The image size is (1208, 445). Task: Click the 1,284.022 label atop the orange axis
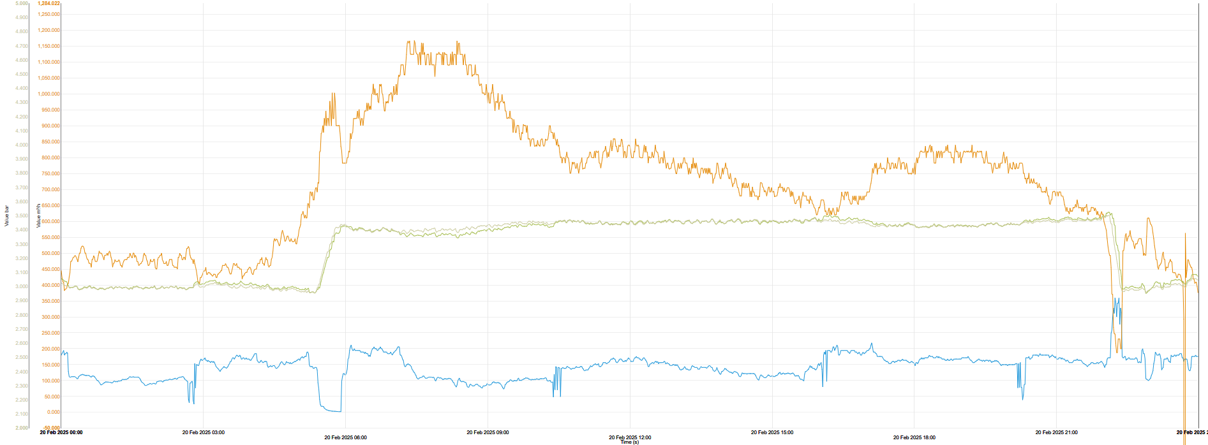pyautogui.click(x=48, y=3)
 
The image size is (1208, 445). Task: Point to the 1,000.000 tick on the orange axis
pyautogui.click(x=49, y=94)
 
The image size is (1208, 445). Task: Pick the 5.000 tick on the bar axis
pyautogui.click(x=22, y=3)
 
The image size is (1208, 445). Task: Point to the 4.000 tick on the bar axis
pyautogui.click(x=22, y=145)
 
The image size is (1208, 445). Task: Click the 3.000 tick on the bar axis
pyautogui.click(x=22, y=286)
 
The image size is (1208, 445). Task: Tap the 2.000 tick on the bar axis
pyautogui.click(x=22, y=428)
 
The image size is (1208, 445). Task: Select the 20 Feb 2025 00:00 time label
pyautogui.click(x=61, y=432)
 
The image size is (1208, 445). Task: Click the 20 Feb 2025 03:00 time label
pyautogui.click(x=204, y=432)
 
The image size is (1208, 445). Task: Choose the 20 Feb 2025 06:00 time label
pyautogui.click(x=346, y=437)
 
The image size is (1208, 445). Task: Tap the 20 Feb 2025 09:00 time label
pyautogui.click(x=488, y=432)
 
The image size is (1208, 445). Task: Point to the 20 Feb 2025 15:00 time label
pyautogui.click(x=772, y=432)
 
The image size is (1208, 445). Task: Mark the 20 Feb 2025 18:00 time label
pyautogui.click(x=914, y=437)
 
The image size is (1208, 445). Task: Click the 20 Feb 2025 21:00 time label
pyautogui.click(x=1056, y=432)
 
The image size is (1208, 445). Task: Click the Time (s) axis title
pyautogui.click(x=629, y=442)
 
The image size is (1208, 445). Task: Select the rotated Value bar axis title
pyautogui.click(x=7, y=215)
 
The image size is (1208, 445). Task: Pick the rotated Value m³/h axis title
pyautogui.click(x=38, y=215)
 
